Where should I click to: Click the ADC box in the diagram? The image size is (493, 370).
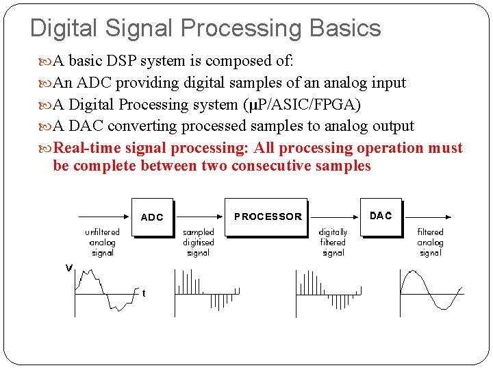(x=152, y=217)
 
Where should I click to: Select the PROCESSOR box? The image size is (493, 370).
(x=267, y=217)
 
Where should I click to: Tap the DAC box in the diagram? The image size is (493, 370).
(x=381, y=216)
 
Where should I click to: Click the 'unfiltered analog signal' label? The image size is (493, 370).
(x=102, y=243)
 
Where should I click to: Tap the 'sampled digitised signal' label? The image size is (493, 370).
(x=198, y=243)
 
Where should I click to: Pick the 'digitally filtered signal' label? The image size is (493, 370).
(x=333, y=243)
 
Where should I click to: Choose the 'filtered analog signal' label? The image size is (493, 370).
(x=430, y=243)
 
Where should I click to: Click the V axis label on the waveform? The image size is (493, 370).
(x=68, y=268)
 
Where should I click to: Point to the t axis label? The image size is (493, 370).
(x=143, y=293)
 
